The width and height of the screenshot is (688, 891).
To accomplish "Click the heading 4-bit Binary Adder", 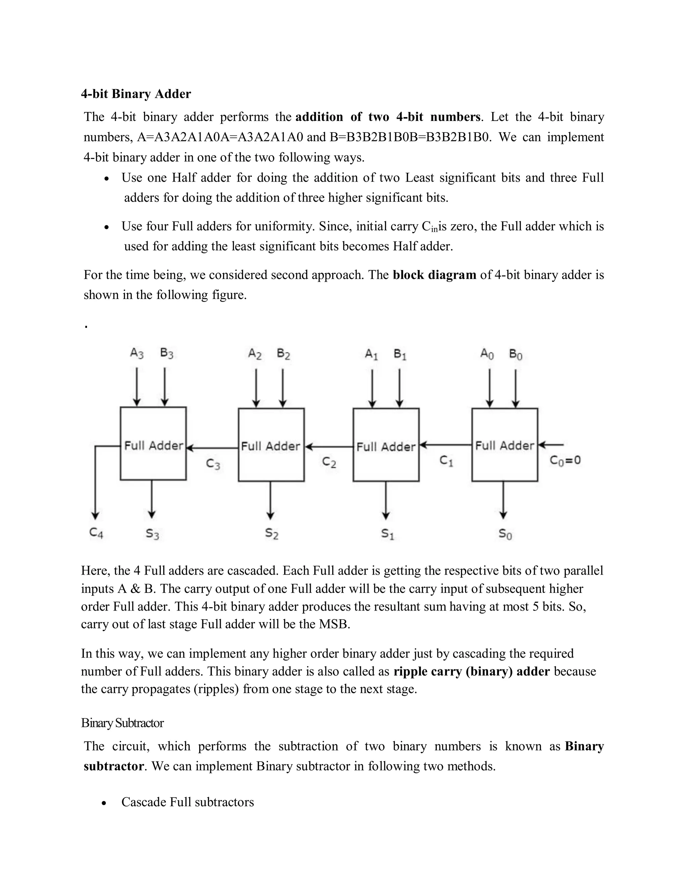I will pos(136,94).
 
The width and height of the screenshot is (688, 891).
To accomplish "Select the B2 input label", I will pos(283,354).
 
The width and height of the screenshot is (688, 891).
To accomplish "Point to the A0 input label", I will pos(487,354).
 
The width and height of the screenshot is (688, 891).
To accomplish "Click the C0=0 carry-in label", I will pos(565,461).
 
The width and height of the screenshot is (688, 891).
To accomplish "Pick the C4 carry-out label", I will pos(96,533).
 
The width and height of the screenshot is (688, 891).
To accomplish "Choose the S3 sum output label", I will pos(153,534).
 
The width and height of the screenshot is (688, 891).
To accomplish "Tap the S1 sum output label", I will pos(388,534).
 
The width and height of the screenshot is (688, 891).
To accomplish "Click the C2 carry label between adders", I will pos(329,462).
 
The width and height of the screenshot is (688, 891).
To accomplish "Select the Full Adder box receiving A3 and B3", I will pos(153,444).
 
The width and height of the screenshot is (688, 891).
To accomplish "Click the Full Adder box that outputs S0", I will pos(505,445).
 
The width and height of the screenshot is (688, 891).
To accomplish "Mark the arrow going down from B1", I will pos(399,388).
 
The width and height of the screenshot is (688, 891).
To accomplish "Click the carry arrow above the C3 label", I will pos(212,448).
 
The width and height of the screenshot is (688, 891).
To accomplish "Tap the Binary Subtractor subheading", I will pos(122,723).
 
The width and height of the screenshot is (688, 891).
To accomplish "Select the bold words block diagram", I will pos(434,275).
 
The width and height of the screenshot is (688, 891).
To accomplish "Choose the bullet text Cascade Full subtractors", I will pos(187,802).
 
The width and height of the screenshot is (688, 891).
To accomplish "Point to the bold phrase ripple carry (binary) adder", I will pos(472,671).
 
